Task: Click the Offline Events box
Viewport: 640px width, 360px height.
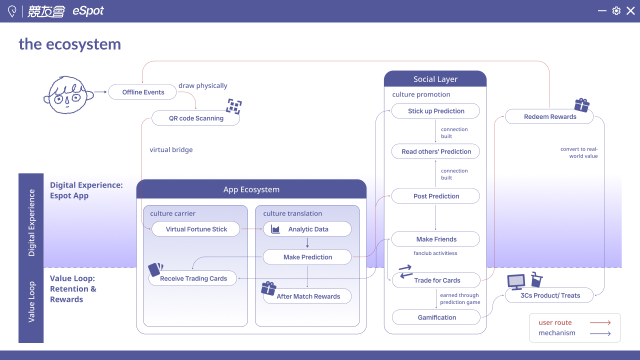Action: point(142,92)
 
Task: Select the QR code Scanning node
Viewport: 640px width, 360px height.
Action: point(195,118)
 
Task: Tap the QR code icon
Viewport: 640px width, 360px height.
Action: point(233,106)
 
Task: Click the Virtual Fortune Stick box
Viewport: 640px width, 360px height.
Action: point(195,229)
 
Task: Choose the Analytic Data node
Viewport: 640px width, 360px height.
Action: point(307,229)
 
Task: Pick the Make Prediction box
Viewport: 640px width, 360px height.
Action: point(307,257)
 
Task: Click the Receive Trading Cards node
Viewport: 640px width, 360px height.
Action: point(193,278)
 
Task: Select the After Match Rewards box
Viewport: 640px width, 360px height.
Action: point(307,296)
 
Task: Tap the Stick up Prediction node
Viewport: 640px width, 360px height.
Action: point(435,111)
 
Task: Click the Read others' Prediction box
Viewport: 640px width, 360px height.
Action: point(435,151)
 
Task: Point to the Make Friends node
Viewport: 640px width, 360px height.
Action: point(435,239)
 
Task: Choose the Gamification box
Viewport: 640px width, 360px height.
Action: point(436,317)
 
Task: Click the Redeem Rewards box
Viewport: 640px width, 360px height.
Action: point(549,116)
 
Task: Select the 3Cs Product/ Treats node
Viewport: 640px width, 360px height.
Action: point(549,295)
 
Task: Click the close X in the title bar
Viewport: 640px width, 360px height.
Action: point(630,11)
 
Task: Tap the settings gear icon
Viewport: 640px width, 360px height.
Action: point(616,11)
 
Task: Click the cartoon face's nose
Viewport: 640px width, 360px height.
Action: point(67,100)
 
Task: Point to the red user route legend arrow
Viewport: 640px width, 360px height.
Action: point(600,322)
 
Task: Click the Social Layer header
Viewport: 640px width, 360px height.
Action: point(435,79)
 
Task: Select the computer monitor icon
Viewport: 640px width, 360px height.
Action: point(516,282)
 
